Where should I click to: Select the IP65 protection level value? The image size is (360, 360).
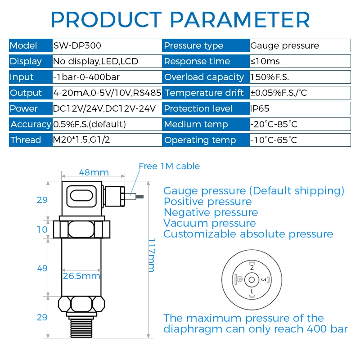pos(260,108)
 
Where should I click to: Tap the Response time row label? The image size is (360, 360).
pos(197,61)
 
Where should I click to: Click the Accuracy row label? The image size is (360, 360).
pos(31,124)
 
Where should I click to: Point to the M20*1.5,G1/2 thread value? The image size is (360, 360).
pos(81,139)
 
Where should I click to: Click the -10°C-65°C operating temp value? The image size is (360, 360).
pos(274,140)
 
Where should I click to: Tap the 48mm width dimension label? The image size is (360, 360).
pos(94,172)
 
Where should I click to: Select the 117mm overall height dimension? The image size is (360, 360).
pos(152,255)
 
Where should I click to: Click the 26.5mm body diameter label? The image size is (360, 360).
pos(81,276)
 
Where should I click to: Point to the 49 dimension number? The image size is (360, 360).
pos(42,268)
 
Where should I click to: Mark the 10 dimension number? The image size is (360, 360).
pos(42,229)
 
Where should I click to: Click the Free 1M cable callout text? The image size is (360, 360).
pos(169,166)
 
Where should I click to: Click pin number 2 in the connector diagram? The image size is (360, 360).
pos(252,267)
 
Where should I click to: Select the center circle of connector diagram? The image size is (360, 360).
pos(252,280)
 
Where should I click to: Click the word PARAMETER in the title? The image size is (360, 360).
pos(240,20)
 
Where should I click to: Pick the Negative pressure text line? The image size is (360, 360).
pos(211,212)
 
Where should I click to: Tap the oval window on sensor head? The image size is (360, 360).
pos(81,196)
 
